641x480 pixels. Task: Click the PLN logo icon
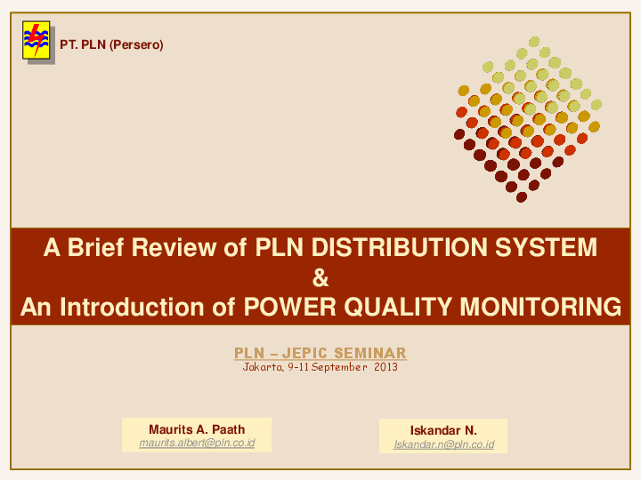(x=37, y=41)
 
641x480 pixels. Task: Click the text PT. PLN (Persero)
(x=111, y=44)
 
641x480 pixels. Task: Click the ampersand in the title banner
(x=320, y=278)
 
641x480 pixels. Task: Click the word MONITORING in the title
(x=540, y=308)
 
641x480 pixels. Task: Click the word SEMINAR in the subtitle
(x=370, y=354)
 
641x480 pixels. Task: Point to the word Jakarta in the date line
(x=263, y=367)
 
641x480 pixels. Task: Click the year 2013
(x=385, y=367)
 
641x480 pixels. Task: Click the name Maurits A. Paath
(x=197, y=429)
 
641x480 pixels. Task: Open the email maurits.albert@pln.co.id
(x=197, y=443)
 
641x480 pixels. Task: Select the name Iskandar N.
(x=443, y=430)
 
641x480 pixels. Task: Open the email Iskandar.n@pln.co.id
(x=443, y=444)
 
